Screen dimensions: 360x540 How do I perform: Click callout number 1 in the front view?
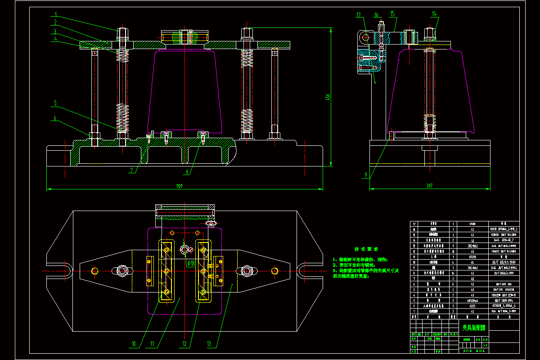(55, 14)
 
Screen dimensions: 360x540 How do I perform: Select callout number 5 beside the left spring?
(55, 103)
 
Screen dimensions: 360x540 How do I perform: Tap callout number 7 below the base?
(131, 171)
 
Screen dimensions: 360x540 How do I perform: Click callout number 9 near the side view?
(366, 175)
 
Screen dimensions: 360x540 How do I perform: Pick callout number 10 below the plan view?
(133, 344)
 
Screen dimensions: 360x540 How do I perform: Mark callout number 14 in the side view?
(434, 14)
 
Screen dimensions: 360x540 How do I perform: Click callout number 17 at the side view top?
(359, 15)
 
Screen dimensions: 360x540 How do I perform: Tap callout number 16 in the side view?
(376, 15)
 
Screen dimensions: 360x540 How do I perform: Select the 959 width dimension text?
(180, 186)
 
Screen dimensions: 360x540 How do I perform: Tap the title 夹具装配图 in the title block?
(474, 328)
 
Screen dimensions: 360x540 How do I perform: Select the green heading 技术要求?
(366, 249)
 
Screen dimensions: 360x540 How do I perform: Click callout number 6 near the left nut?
(55, 119)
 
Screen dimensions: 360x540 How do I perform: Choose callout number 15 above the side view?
(392, 14)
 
